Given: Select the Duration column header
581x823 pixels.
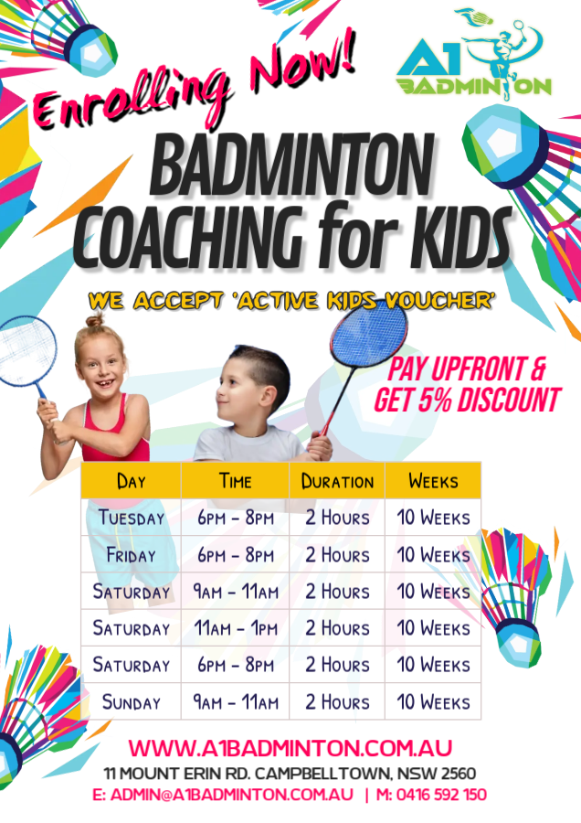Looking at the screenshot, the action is point(337,481).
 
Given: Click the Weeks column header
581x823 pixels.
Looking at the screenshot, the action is point(433,481).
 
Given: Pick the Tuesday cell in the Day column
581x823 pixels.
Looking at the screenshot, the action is point(132,518).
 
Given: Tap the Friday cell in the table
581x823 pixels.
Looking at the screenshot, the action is point(132,555).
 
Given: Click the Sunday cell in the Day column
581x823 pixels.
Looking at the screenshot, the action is point(132,702).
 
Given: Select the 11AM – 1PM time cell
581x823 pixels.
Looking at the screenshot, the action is point(236,628).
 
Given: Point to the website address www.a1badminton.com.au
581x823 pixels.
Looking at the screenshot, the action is point(290,748).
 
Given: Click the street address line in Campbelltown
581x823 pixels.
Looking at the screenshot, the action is point(290,774).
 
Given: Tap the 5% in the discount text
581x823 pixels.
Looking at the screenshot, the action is point(435,401).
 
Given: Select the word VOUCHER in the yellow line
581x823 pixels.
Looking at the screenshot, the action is point(439,301).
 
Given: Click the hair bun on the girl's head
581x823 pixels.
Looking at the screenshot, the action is point(95,319).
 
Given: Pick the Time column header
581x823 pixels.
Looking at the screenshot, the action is point(235,481).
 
